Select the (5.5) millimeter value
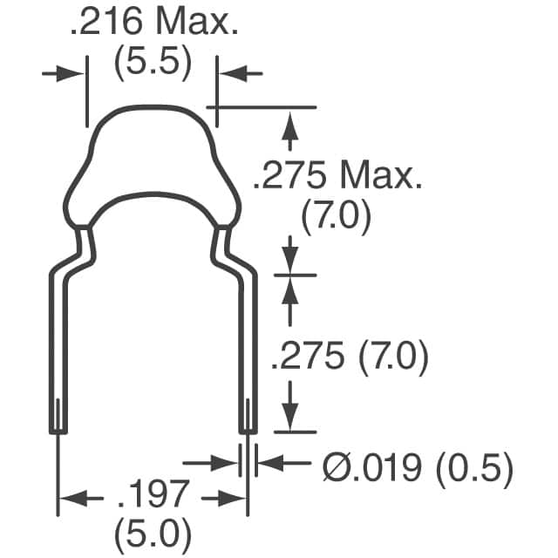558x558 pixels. point(153,65)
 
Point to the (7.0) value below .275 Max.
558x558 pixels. point(337,214)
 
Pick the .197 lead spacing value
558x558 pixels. point(153,495)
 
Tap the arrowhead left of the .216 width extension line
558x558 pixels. point(74,74)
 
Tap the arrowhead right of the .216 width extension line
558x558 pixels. point(228,74)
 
